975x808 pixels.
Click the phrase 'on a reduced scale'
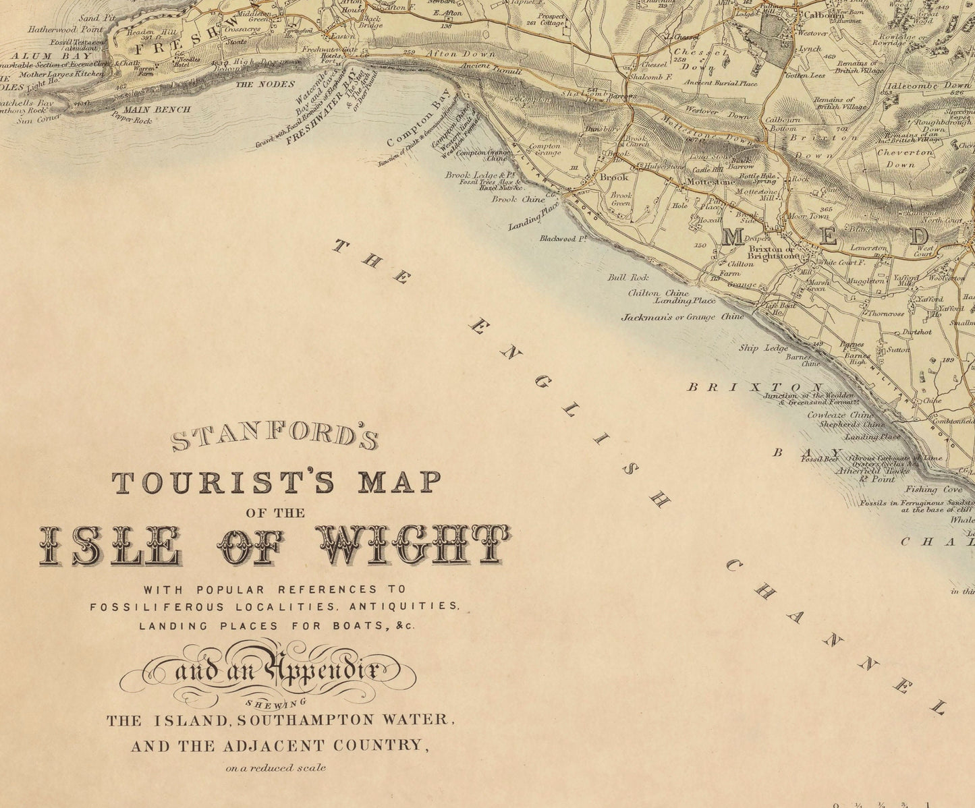coord(276,767)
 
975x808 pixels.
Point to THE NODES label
coord(264,84)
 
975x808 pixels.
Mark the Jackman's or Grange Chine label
coord(682,316)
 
